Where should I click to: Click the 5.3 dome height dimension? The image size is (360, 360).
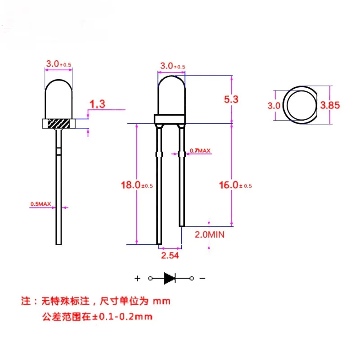point(231,99)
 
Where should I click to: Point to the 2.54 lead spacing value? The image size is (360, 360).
point(170,256)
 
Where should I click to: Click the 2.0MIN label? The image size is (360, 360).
point(209,234)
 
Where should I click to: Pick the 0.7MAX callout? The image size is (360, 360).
point(200,150)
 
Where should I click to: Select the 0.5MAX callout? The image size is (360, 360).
point(40,204)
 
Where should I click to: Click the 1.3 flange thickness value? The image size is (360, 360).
point(97,104)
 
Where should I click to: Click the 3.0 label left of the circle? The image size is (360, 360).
point(274,105)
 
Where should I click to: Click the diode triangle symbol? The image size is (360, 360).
point(170,279)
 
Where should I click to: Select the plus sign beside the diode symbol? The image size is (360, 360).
point(137,279)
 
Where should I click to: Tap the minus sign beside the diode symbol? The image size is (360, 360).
point(202,279)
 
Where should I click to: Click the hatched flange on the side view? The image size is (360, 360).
point(58,123)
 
